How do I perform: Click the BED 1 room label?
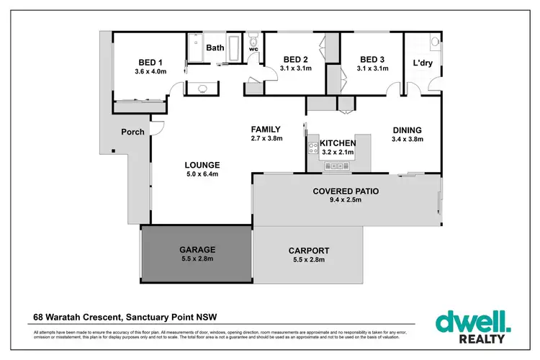click(x=150, y=62)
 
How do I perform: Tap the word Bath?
click(x=215, y=48)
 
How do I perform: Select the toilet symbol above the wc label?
click(x=253, y=45)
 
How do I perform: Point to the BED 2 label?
click(x=296, y=59)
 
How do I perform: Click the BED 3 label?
click(x=372, y=59)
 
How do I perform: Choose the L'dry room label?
click(x=423, y=63)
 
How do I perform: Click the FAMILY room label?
click(x=266, y=130)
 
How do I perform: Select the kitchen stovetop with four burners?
click(x=313, y=150)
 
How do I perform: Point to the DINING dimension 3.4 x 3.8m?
click(x=407, y=140)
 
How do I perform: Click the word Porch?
click(x=132, y=132)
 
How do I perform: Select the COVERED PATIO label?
click(x=345, y=192)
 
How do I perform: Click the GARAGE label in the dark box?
click(x=197, y=250)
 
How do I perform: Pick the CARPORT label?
click(x=309, y=251)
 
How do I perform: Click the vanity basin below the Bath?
click(x=204, y=89)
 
